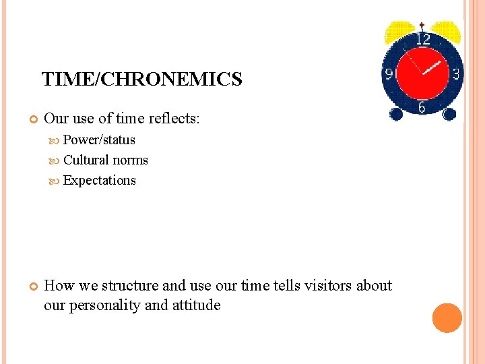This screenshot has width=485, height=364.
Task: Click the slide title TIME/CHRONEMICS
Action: pos(141,80)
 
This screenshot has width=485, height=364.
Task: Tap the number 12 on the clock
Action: pos(422,40)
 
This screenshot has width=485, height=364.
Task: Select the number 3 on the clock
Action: pos(455,73)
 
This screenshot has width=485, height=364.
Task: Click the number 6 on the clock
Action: pos(422,107)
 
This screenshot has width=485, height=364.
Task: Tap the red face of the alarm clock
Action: pos(422,73)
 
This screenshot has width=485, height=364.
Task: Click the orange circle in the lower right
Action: pos(447,318)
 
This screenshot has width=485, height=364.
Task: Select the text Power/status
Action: pos(99,140)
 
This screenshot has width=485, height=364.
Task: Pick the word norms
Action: pos(130,160)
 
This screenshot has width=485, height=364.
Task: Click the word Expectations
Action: pos(99,181)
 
